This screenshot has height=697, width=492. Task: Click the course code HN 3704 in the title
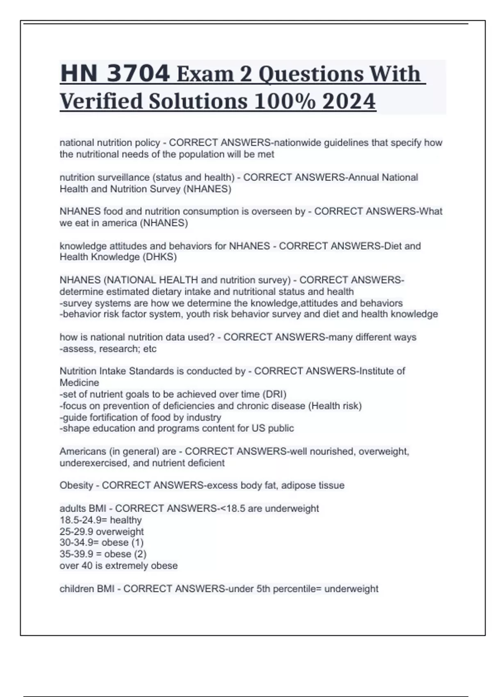click(x=115, y=74)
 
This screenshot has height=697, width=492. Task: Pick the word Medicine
click(x=79, y=383)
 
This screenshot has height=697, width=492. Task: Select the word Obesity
click(x=76, y=485)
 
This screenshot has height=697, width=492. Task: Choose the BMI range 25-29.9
click(x=77, y=532)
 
